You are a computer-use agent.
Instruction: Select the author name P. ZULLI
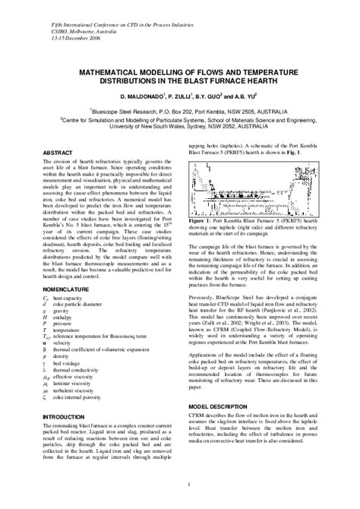pos(198,97)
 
